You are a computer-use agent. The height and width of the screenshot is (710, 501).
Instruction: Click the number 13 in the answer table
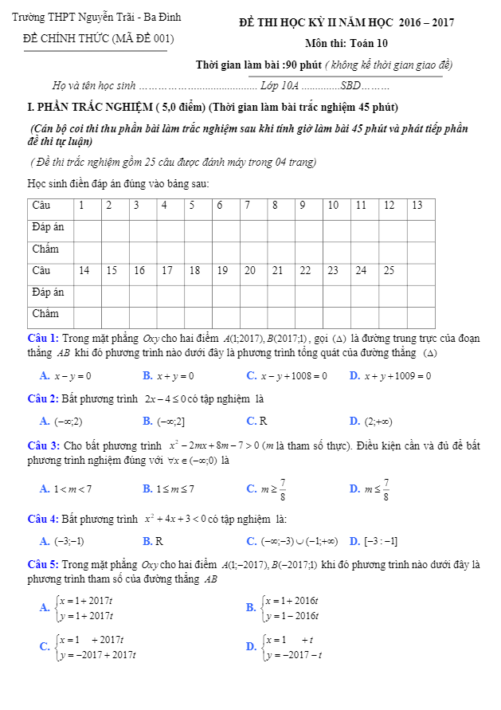click(417, 206)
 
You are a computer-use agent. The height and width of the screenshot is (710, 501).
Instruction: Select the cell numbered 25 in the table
click(389, 270)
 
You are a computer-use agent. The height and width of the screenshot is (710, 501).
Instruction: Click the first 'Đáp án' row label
click(48, 227)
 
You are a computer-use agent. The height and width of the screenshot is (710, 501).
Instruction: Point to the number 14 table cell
click(84, 270)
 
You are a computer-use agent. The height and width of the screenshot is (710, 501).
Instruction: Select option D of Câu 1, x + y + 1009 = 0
click(390, 375)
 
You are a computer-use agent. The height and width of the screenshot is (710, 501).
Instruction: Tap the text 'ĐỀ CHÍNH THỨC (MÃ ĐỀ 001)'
click(99, 37)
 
